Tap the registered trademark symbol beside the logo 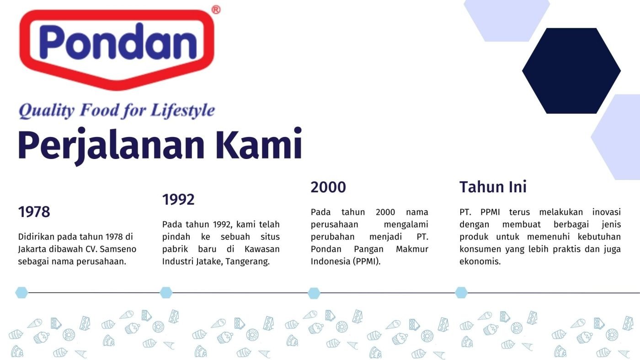click(216, 10)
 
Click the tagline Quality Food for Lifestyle click(117, 111)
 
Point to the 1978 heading click(34, 212)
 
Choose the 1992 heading click(178, 200)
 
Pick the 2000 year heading click(328, 187)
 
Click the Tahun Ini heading click(493, 187)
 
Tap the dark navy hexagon click(571, 71)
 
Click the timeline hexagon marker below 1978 click(21, 292)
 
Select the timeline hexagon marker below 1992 click(166, 292)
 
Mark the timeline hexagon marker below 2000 click(314, 293)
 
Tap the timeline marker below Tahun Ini click(461, 292)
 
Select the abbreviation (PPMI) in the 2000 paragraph click(366, 262)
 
